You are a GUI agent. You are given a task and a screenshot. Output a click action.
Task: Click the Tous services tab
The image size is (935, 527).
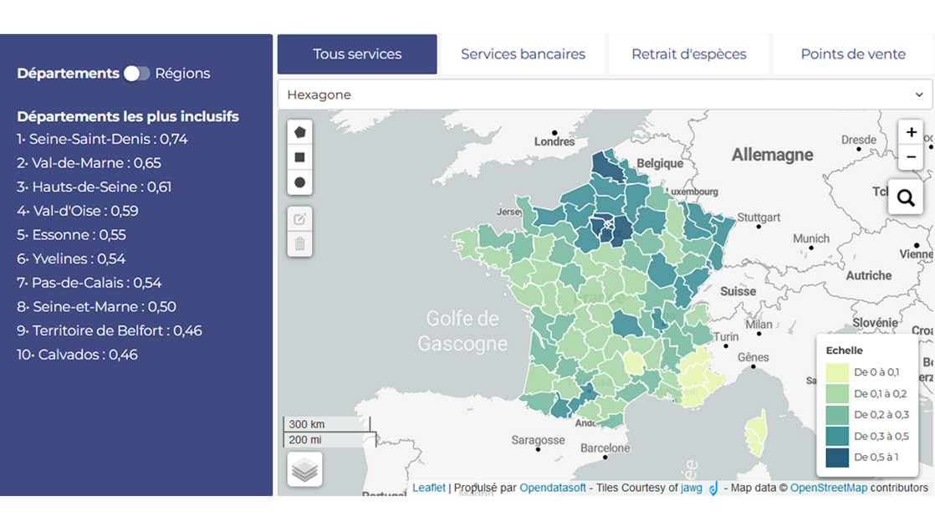pos(357,54)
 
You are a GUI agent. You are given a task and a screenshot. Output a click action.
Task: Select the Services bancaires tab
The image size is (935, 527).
pos(523,54)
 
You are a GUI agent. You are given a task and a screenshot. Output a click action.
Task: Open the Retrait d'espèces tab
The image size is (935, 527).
pos(688,54)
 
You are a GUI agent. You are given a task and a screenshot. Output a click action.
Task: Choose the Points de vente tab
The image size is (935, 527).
pos(852,54)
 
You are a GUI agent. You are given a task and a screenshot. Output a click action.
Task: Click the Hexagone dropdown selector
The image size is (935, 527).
pos(605,95)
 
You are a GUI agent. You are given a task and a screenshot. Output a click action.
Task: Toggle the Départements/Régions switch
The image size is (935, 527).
pos(136,74)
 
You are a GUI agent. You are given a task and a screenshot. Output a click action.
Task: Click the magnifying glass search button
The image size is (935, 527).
pos(905,197)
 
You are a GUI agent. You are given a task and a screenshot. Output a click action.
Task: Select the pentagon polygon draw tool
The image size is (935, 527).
pos(299,132)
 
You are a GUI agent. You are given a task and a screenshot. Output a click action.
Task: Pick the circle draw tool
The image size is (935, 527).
pos(299,182)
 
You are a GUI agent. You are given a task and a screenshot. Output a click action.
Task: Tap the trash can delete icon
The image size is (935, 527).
pos(299,244)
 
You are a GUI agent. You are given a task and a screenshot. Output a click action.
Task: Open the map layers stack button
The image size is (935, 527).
pos(304,470)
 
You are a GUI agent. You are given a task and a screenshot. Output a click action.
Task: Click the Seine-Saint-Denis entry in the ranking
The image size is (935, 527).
pos(102,140)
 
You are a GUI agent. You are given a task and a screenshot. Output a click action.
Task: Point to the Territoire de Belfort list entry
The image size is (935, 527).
pos(110,330)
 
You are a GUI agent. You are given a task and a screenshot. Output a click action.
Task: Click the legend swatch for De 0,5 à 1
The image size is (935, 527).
pos(836,458)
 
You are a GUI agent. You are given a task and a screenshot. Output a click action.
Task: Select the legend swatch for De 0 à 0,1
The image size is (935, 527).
pos(836,372)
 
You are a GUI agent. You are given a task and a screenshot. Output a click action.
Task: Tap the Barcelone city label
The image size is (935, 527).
pos(605,448)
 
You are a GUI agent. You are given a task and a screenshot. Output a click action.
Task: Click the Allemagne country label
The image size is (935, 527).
pos(772,155)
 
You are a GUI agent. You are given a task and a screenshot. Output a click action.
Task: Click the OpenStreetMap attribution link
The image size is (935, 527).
pos(828,488)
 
